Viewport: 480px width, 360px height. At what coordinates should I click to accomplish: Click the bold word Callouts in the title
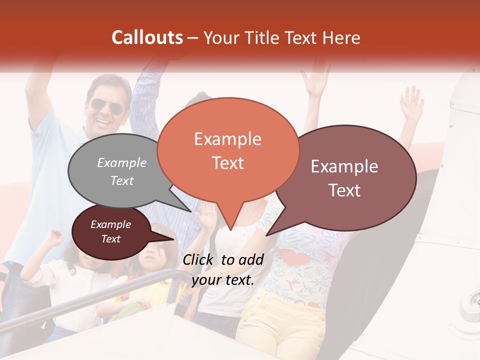pyautogui.click(x=147, y=37)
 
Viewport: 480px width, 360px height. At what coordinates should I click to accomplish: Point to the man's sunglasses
pyautogui.click(x=106, y=106)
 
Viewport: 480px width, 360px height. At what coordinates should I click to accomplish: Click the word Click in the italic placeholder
pyautogui.click(x=199, y=259)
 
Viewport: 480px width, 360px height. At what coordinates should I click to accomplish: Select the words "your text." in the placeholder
pyautogui.click(x=223, y=279)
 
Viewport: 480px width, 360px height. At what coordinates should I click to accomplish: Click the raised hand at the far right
pyautogui.click(x=412, y=103)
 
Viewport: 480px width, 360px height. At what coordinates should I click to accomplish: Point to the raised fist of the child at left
pyautogui.click(x=54, y=235)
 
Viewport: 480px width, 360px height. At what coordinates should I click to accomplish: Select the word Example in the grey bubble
pyautogui.click(x=122, y=162)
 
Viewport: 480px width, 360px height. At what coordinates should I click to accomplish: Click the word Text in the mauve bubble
pyautogui.click(x=345, y=190)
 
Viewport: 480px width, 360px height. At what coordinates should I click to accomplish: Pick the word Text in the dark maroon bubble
pyautogui.click(x=110, y=239)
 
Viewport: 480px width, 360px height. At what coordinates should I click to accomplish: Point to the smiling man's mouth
pyautogui.click(x=104, y=121)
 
